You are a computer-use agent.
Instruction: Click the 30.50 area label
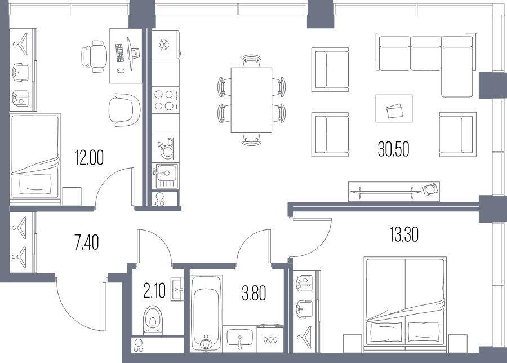point(394,149)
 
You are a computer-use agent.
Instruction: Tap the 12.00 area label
point(89,158)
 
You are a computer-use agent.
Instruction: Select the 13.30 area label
point(404,234)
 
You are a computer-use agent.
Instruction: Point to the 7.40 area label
point(87,242)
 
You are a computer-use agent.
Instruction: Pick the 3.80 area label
point(254,294)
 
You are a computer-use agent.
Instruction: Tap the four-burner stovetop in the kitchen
point(165,100)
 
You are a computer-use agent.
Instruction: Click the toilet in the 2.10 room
point(153,320)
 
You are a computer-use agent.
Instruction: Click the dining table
point(251,100)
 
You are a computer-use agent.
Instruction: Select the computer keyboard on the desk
point(120,53)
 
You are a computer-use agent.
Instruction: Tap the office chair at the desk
point(94,56)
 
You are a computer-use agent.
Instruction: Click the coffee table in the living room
point(394,108)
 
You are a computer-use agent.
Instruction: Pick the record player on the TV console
point(430,189)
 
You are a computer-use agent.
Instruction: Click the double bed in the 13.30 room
point(405,305)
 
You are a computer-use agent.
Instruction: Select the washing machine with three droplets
point(270,339)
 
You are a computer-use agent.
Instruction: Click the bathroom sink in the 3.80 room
point(240,338)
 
